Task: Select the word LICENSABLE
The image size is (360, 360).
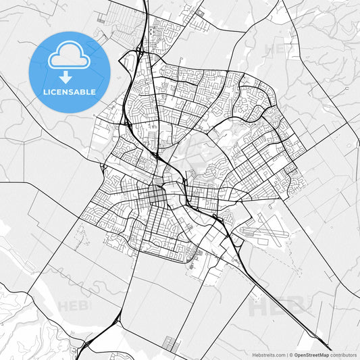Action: (70, 91)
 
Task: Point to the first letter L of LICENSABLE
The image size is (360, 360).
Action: (45, 91)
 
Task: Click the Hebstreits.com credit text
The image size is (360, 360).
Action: (267, 354)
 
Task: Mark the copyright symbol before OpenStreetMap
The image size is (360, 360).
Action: (291, 354)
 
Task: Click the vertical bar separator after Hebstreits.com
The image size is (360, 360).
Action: (286, 354)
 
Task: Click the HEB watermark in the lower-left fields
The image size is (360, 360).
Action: (72, 306)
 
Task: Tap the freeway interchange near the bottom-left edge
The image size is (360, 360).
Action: (108, 327)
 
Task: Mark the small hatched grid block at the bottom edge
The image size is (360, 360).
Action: (173, 344)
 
